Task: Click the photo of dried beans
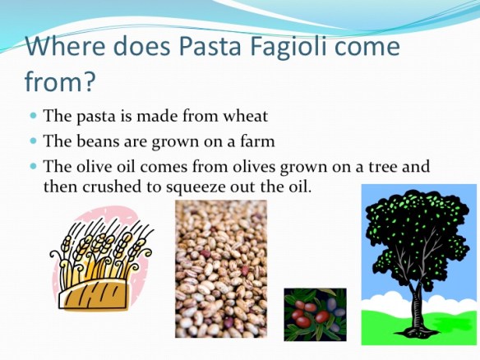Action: (220, 269)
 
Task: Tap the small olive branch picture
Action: (315, 314)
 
